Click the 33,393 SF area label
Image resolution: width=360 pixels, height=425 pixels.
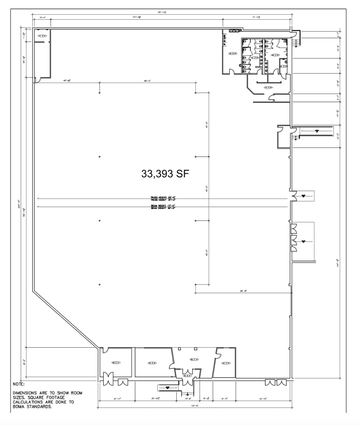tap(165, 174)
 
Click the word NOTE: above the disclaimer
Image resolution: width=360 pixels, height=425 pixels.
tap(19, 384)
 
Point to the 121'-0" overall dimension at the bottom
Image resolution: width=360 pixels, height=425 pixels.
tap(195, 405)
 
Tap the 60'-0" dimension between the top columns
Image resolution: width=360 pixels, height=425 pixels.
tap(147, 81)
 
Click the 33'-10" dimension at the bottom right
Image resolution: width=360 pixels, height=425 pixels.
tap(263, 399)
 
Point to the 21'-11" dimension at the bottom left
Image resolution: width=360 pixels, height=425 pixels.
tap(117, 399)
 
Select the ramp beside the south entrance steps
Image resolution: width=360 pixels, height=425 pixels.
tap(168, 388)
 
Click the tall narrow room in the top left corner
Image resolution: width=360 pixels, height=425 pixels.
tap(42, 54)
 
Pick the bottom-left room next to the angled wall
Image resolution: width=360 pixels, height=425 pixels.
tap(116, 363)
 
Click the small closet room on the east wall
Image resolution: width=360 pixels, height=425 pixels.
tap(283, 137)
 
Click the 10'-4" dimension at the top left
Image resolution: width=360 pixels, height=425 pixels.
tap(42, 17)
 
